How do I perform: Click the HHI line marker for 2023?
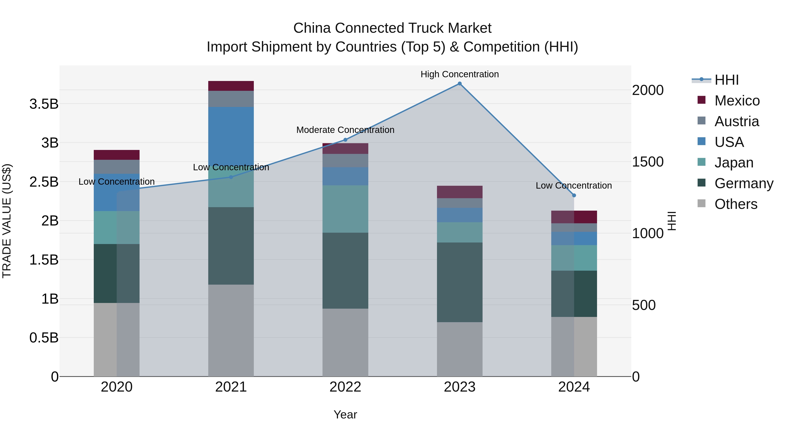pos(459,84)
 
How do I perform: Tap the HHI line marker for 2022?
pos(345,140)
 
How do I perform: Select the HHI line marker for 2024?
pos(574,195)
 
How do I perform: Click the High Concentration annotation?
pos(459,74)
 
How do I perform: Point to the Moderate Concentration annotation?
pos(345,130)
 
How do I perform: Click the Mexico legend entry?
pos(737,101)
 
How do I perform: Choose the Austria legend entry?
pos(737,121)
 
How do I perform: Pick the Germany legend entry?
pos(744,183)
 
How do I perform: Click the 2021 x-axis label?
pos(231,387)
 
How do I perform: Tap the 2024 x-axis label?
pos(574,387)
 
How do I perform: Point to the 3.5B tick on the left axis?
pos(44,104)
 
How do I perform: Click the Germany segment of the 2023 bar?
pos(459,282)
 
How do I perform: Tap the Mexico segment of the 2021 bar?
pos(231,86)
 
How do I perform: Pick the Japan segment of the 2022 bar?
pos(345,209)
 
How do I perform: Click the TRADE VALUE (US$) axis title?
pos(7,221)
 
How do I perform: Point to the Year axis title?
pos(345,414)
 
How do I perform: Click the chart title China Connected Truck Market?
pos(392,28)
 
